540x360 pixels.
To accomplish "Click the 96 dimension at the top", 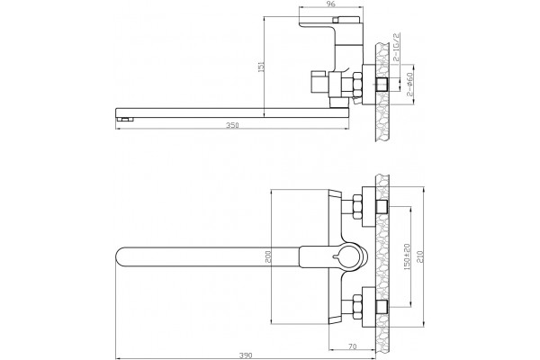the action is coord(330,4).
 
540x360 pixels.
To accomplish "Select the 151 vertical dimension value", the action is coord(261,67).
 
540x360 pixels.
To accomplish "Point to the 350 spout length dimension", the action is coord(232,125).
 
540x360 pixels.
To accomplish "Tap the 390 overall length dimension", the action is coord(246,355).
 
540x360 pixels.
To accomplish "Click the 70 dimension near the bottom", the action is coord(352,346).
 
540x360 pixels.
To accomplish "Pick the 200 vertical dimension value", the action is coord(269,256).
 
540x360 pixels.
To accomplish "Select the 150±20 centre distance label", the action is coord(407,256).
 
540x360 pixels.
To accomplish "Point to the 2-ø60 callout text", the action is coord(409,84).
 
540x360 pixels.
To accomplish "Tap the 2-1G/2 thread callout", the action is coord(396,47).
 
